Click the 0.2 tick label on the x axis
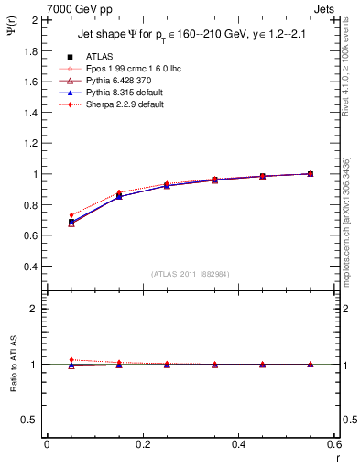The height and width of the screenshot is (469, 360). (x=143, y=444)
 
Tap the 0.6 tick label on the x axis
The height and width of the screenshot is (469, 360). (x=335, y=444)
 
